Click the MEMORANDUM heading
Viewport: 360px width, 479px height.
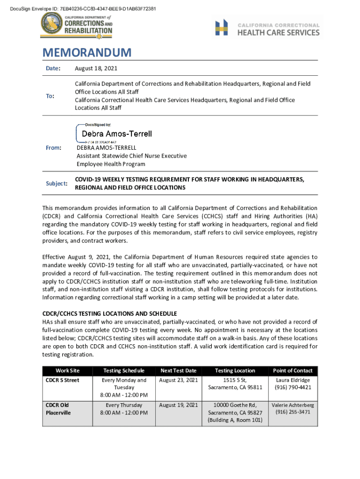pos(86,52)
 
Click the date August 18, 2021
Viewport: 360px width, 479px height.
pos(96,69)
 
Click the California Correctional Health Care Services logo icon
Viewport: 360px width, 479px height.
pos(222,28)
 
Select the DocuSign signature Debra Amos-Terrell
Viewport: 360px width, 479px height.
pos(117,134)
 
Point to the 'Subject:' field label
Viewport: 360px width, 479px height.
pos(56,183)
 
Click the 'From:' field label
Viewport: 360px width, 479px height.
pos(53,148)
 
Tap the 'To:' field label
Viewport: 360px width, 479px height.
pos(50,96)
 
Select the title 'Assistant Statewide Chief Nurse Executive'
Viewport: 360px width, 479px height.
pos(131,156)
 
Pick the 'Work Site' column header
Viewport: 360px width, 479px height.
pos(67,370)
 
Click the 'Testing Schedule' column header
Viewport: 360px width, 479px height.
pos(123,370)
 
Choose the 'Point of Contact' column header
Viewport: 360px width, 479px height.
pos(293,370)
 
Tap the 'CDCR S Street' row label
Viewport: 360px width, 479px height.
pos(62,380)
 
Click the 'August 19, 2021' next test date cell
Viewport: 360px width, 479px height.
pos(179,405)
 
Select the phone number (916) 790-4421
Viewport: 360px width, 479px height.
pos(293,387)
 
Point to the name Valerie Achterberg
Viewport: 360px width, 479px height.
pos(293,405)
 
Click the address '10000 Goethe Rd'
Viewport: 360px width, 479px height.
pos(235,405)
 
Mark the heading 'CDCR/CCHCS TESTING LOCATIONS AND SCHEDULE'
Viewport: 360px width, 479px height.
pos(109,313)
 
